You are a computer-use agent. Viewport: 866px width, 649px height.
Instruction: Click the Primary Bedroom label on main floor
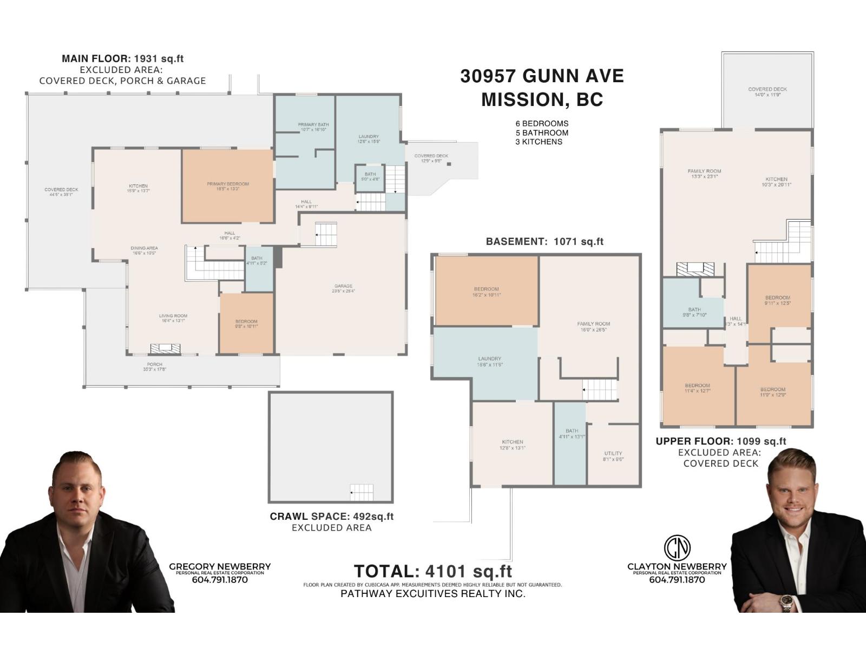[x=228, y=186]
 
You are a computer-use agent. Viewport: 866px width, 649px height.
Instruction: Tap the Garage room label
[x=343, y=288]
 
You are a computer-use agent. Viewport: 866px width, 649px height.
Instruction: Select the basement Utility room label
[x=613, y=456]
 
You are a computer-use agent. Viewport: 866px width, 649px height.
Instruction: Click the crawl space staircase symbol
[x=362, y=493]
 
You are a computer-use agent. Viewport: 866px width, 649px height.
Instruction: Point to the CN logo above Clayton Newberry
[x=677, y=547]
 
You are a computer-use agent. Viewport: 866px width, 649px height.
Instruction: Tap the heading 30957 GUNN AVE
[x=542, y=76]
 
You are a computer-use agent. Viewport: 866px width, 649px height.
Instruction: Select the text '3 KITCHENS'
[x=539, y=142]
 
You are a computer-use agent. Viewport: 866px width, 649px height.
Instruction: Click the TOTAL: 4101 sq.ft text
[x=432, y=571]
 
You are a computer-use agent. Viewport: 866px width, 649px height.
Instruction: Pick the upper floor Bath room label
[x=694, y=312]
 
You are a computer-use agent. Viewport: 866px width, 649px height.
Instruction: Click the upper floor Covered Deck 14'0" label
[x=767, y=92]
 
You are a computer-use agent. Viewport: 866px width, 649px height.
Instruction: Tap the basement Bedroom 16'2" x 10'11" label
[x=486, y=292]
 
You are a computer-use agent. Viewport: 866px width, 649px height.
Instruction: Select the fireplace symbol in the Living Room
[x=166, y=349]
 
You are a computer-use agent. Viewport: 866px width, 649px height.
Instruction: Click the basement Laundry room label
[x=489, y=361]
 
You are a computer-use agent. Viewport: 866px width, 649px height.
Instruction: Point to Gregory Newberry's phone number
[x=220, y=580]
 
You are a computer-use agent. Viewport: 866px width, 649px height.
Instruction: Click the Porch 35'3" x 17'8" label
[x=154, y=367]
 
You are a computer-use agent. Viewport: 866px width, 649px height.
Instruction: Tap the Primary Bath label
[x=313, y=127]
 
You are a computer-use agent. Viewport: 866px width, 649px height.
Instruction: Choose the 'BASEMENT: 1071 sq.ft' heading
[x=544, y=242]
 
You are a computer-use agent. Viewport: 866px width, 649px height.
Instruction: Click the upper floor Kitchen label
[x=776, y=182]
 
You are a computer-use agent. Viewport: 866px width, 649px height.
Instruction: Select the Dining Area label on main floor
[x=144, y=250]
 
